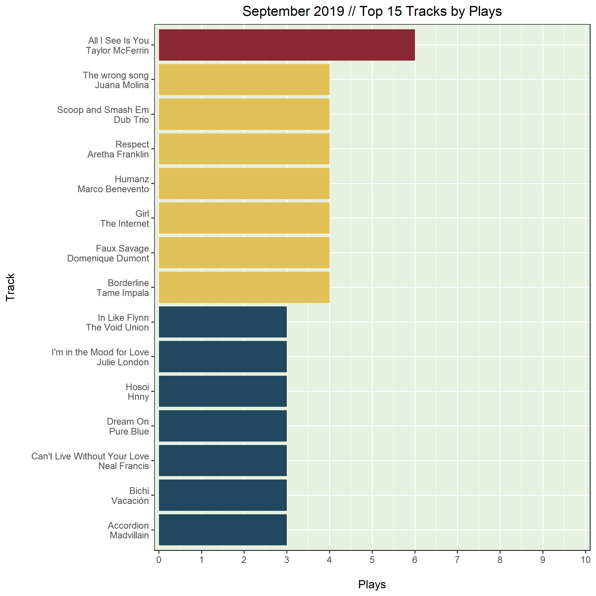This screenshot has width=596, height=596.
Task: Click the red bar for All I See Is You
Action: [287, 45]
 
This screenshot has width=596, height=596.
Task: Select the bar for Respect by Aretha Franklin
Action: [244, 149]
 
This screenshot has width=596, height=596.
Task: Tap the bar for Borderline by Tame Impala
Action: [244, 287]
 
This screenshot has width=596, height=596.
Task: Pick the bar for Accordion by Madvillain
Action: [223, 530]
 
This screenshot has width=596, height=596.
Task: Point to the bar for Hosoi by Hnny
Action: [223, 391]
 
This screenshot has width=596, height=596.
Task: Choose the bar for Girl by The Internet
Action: [244, 218]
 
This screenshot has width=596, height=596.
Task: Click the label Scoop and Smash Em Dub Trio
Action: [103, 115]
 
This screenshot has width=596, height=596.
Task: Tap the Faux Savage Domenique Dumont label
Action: [108, 253]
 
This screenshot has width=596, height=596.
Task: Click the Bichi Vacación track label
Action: [130, 495]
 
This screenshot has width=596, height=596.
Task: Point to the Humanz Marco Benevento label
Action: [113, 184]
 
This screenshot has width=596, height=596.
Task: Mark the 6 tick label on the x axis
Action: [415, 560]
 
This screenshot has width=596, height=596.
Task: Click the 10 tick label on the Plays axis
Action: [585, 560]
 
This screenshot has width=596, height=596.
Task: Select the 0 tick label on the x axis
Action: [159, 560]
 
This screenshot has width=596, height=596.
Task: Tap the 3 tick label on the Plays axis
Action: [287, 560]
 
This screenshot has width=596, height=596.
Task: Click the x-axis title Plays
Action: [372, 584]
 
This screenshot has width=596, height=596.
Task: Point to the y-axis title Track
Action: [10, 287]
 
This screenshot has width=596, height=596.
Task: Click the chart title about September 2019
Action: [372, 11]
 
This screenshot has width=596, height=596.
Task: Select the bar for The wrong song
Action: [244, 79]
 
